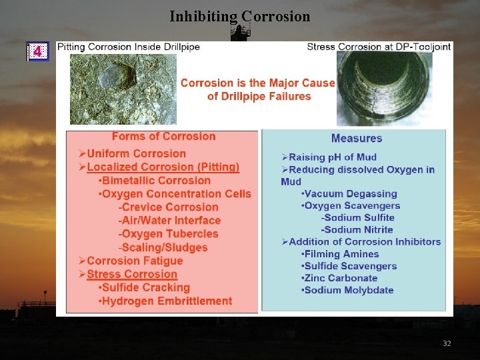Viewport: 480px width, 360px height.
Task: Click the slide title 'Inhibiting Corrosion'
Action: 239,16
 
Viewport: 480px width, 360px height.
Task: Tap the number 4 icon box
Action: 37,51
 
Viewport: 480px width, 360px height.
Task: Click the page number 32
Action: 447,343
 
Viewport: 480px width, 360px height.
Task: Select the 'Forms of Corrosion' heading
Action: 163,137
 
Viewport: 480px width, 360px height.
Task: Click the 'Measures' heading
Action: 357,139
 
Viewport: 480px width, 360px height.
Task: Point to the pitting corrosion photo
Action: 123,89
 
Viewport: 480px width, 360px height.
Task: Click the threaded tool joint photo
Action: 384,89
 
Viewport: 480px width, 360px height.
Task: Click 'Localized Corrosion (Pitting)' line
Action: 163,167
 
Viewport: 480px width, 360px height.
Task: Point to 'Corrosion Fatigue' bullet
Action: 135,261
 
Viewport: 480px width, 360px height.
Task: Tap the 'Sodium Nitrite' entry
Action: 357,230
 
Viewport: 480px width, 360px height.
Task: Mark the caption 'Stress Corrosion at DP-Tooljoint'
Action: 379,47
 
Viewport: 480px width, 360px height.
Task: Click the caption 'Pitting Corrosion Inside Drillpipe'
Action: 129,47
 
